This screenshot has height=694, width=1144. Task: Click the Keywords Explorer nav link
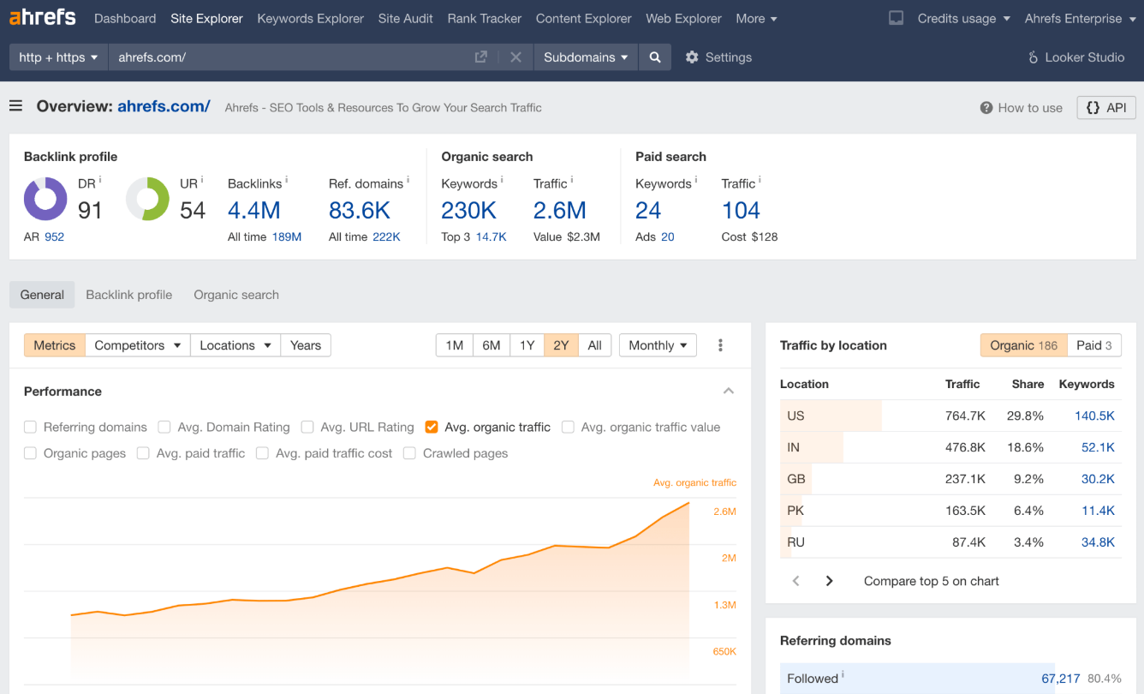(310, 18)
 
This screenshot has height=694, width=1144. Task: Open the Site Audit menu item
(405, 18)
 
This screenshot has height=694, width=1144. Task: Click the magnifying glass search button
(654, 57)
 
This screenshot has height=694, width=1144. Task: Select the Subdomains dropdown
(586, 57)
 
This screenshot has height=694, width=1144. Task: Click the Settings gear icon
(692, 57)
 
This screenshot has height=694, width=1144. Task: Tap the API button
(1105, 107)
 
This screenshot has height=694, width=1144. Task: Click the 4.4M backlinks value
(253, 210)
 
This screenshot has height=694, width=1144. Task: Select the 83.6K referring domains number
(359, 210)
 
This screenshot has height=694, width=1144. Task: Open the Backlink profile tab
(128, 295)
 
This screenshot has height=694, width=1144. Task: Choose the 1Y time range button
(527, 345)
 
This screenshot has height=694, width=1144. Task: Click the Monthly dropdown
(658, 345)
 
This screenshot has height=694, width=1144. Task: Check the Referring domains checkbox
(30, 427)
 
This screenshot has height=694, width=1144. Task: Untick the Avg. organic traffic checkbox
(431, 427)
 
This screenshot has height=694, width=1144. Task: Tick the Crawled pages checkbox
(409, 453)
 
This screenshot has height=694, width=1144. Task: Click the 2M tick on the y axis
(729, 558)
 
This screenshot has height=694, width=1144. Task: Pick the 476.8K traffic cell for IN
(965, 447)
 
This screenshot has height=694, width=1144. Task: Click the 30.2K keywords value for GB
(1098, 479)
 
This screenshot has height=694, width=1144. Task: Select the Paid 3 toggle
(1094, 345)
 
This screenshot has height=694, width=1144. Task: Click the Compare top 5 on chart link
(931, 581)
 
